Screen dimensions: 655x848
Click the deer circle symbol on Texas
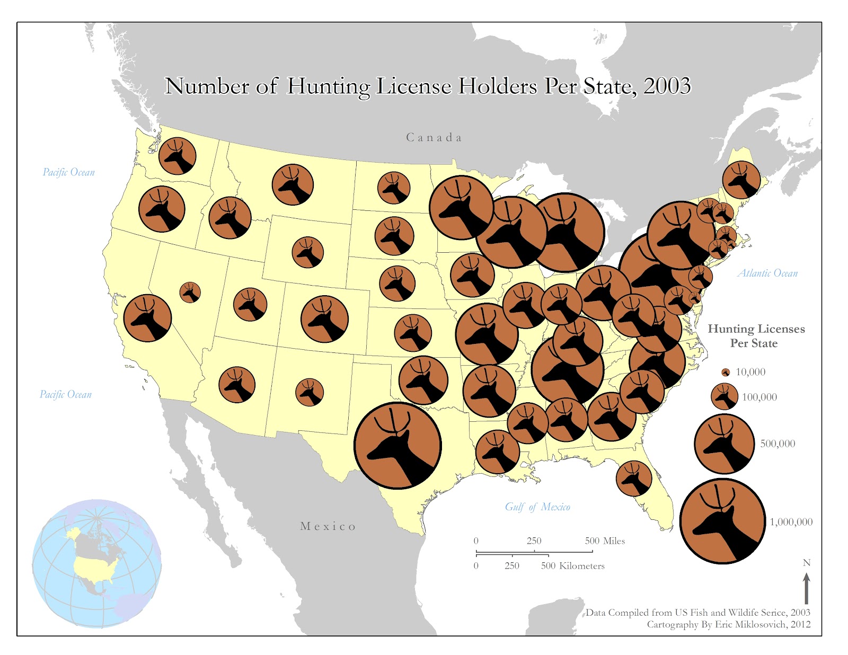[397, 445]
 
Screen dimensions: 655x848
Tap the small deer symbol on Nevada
[190, 292]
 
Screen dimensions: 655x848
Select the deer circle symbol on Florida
[634, 478]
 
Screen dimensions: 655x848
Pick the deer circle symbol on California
[147, 318]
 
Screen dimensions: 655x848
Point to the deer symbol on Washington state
[178, 156]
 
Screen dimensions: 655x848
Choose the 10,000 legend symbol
[726, 372]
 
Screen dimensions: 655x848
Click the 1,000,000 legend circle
[723, 521]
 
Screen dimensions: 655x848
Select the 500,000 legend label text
[778, 444]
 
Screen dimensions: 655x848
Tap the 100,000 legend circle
[724, 396]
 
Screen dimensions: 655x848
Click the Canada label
[434, 138]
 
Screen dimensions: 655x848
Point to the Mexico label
[328, 526]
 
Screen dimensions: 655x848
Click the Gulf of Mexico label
[537, 507]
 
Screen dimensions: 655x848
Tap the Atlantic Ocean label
[767, 273]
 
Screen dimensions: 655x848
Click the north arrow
[807, 588]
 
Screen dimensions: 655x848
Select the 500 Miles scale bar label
[605, 541]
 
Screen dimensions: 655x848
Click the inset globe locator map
[96, 563]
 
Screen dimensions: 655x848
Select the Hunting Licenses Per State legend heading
[756, 336]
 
